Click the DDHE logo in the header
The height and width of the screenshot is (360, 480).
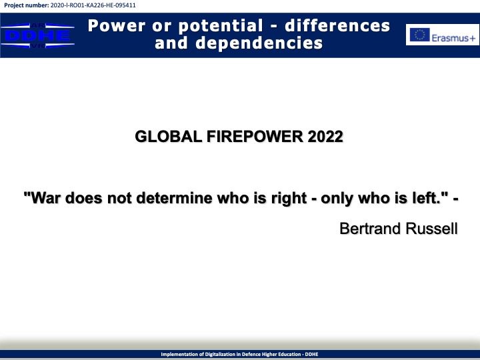pos(37,35)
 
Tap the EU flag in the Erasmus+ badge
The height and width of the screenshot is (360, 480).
pos(420,35)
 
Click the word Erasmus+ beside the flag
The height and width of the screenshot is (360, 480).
pos(454,38)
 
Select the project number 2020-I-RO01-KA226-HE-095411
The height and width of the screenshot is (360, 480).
pos(93,5)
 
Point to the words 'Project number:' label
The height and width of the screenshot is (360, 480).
pos(26,5)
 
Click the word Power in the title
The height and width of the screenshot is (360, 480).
pos(117,26)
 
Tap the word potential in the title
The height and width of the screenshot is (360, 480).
pos(221,26)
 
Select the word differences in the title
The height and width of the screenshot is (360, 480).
pos(337,26)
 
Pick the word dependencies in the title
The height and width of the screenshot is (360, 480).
pos(259,43)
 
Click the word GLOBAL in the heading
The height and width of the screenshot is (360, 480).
pos(169,137)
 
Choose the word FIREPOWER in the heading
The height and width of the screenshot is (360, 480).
pos(255,137)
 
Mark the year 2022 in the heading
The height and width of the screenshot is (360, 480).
pos(325,137)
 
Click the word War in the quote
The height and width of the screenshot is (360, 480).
pos(45,197)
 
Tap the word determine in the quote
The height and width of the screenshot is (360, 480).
pos(174,197)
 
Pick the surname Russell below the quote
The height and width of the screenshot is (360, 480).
pos(431,229)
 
